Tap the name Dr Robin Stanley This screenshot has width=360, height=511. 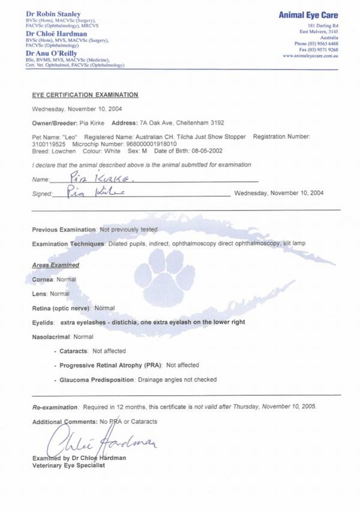coord(52,13)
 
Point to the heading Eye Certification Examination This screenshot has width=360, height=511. coord(85,95)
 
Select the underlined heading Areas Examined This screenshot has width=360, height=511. coord(55,265)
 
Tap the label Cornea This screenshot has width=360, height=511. coord(43,279)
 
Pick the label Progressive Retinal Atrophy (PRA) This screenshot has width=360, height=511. coord(110,365)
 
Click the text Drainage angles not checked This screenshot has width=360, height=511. coord(177,380)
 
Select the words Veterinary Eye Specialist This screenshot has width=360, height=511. coord(69,465)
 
